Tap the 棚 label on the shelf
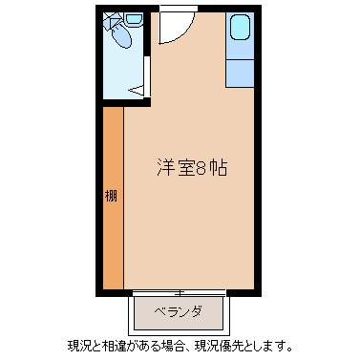tap(111, 197)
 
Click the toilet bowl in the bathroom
tap(121, 39)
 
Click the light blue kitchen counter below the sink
tap(240, 69)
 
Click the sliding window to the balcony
tap(181, 290)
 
